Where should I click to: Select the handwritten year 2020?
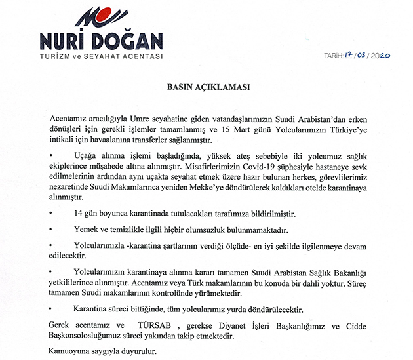point(380,56)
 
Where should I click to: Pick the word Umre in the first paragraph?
point(132,117)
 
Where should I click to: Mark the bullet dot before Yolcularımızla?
point(52,245)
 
